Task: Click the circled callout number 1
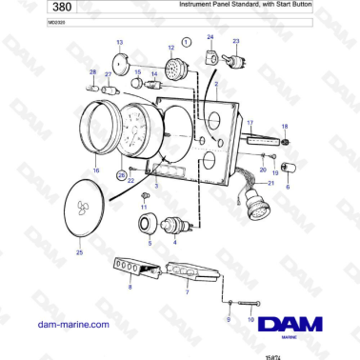click(187, 42)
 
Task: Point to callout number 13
click(119, 43)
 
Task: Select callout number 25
click(79, 253)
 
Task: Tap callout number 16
click(95, 170)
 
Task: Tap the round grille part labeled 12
click(173, 70)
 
